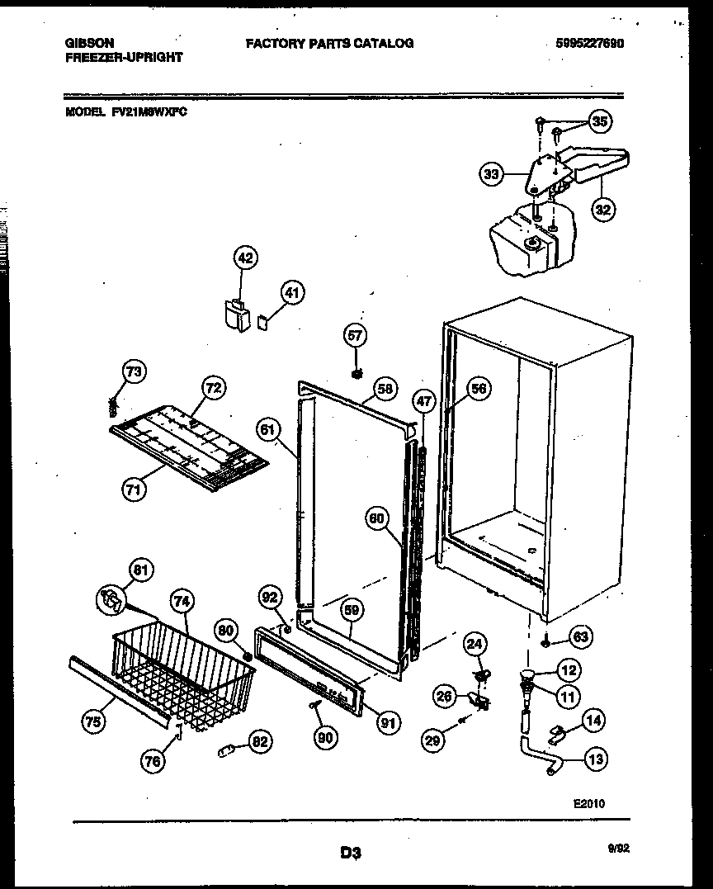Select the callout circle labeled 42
[245, 258]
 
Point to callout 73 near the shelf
[133, 372]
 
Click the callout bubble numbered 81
[141, 570]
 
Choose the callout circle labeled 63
[581, 636]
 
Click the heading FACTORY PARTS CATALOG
[329, 43]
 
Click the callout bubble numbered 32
[603, 209]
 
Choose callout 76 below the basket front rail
[151, 762]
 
